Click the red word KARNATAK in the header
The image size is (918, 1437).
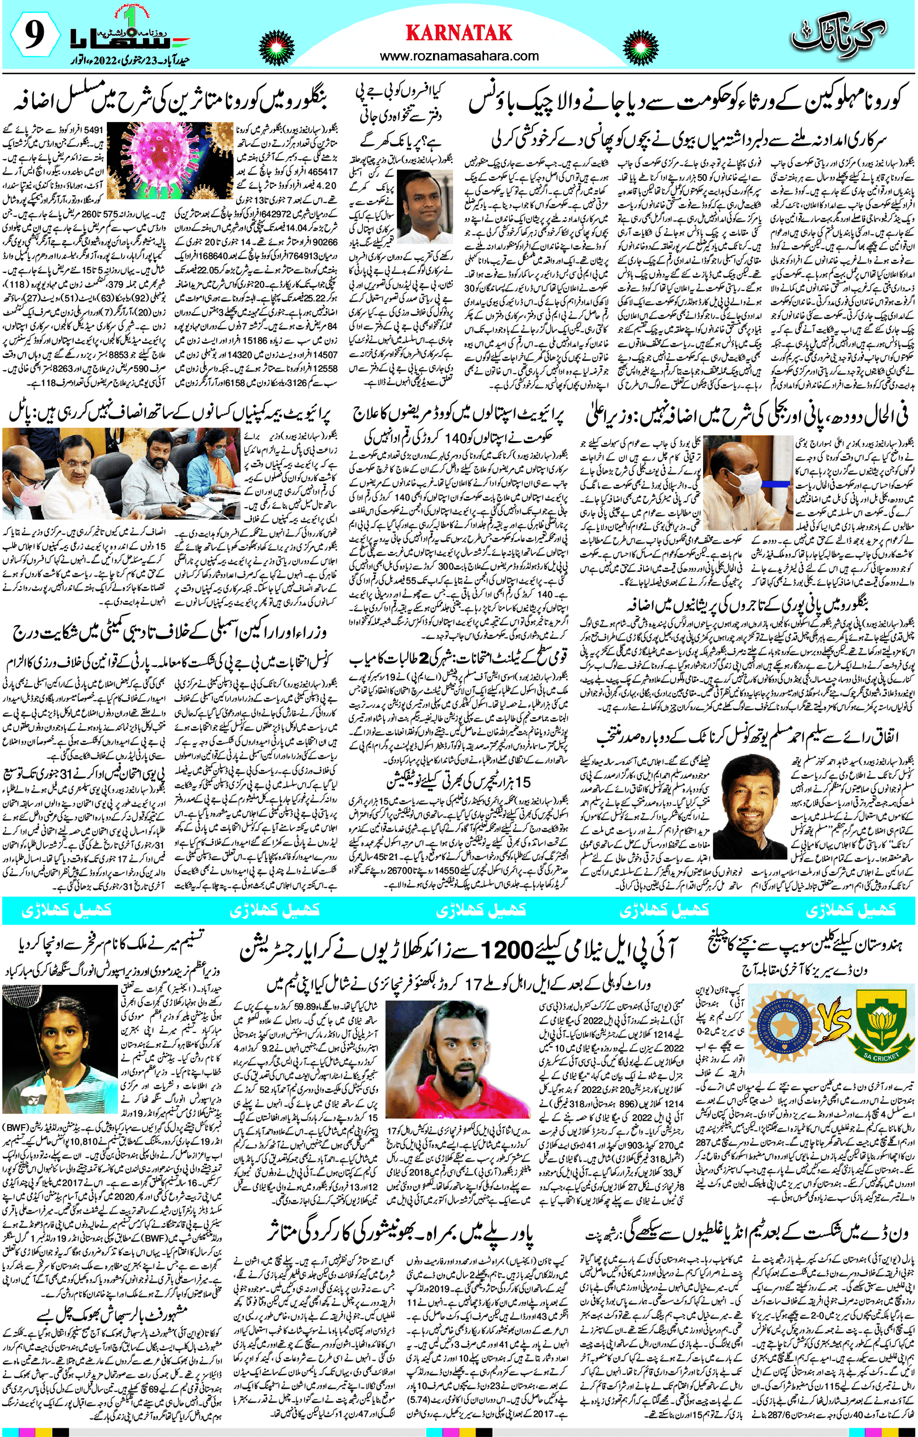coord(459,32)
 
